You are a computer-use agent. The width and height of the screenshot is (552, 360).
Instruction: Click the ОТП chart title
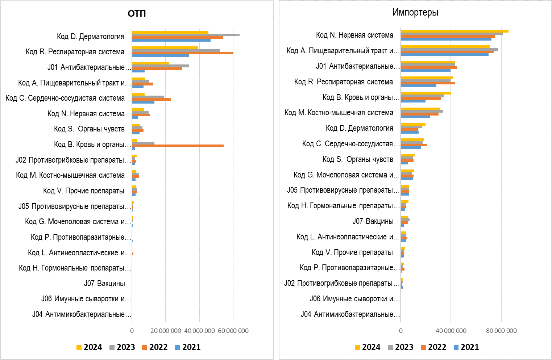click(137, 14)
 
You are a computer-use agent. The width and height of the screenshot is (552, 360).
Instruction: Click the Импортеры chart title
click(415, 12)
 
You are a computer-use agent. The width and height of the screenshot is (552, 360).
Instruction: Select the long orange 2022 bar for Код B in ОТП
click(178, 146)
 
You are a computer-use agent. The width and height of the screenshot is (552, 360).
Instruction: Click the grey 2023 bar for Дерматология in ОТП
click(186, 35)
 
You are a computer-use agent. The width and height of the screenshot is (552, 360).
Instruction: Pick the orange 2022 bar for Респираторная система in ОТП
click(182, 53)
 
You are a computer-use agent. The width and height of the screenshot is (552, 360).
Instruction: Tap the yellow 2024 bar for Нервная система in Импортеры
click(454, 31)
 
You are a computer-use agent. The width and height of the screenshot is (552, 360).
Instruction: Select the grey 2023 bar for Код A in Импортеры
click(449, 49)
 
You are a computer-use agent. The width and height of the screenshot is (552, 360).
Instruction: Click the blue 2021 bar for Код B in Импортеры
click(413, 101)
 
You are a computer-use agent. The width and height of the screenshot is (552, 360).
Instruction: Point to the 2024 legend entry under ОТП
click(89, 347)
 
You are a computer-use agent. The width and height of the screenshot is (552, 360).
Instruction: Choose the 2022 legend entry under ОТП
click(155, 347)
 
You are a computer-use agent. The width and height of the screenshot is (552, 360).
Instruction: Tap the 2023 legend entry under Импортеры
click(400, 347)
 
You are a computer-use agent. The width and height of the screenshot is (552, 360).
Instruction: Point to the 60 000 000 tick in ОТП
click(233, 331)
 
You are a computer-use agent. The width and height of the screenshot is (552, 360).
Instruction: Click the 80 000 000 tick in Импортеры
click(501, 331)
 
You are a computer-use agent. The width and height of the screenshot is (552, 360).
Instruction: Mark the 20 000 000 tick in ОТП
click(166, 331)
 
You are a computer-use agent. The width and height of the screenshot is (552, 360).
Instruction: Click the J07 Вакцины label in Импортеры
click(373, 221)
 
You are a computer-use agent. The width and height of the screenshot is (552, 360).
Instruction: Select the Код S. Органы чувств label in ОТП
click(89, 129)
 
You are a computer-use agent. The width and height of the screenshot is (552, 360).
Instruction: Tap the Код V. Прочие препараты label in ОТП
click(84, 191)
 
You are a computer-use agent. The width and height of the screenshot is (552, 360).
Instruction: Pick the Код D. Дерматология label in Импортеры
click(359, 128)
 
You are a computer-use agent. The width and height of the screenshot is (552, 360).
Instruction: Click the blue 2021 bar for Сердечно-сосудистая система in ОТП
click(143, 102)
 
